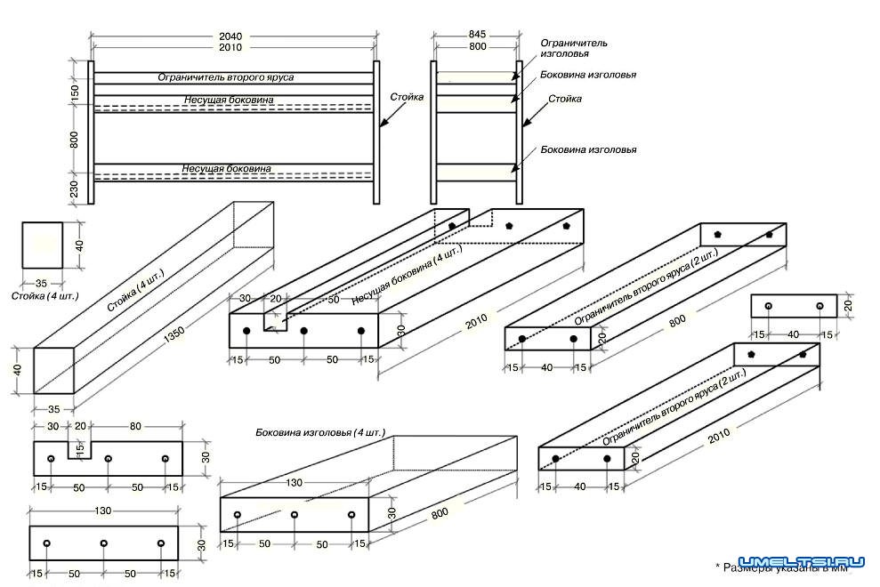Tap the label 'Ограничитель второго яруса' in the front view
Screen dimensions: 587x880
(226, 77)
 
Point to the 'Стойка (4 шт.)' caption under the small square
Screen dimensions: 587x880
(45, 294)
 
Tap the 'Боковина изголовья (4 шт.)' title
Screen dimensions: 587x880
(319, 432)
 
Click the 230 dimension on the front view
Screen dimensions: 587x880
(75, 189)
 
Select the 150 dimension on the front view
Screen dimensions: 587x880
(75, 91)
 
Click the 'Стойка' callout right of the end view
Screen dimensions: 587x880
(565, 99)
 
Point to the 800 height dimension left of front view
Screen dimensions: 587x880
(75, 139)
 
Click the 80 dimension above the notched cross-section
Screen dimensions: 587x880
(136, 427)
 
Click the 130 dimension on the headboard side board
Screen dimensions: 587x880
(293, 482)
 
